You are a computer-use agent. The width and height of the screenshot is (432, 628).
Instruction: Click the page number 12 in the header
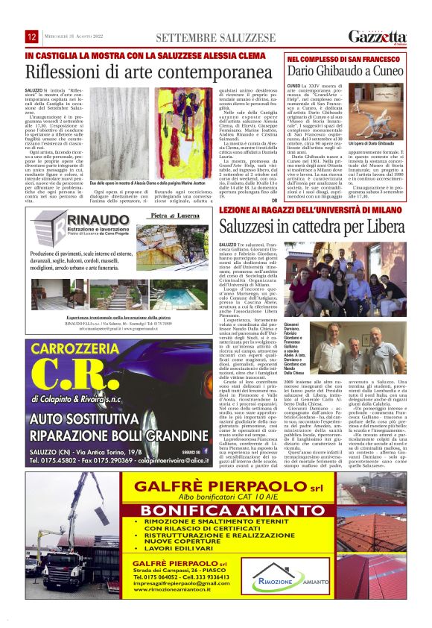point(33,37)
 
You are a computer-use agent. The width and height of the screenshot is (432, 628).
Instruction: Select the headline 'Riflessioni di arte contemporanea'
point(138,72)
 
